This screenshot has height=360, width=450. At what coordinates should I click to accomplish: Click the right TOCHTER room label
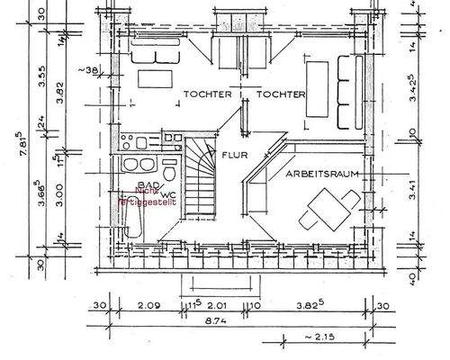281,94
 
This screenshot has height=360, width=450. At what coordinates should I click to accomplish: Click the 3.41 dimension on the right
411,190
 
